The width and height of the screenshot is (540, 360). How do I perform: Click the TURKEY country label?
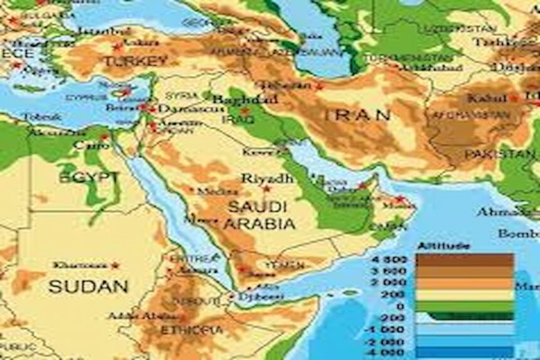(x=136, y=61)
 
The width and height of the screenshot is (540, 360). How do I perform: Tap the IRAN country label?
(x=357, y=115)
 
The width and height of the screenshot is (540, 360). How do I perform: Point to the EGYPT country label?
(x=89, y=178)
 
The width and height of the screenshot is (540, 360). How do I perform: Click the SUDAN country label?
(x=89, y=286)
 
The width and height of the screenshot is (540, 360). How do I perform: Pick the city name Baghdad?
(x=245, y=99)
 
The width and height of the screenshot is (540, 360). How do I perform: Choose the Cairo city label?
(x=87, y=145)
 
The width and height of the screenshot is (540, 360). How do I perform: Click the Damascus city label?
(x=181, y=109)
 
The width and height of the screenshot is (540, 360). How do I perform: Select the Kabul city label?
(x=487, y=99)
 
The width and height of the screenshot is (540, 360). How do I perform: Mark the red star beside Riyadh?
(x=266, y=188)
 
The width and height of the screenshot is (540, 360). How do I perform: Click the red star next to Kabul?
(x=514, y=99)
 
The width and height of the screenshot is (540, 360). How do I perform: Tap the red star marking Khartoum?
(x=114, y=266)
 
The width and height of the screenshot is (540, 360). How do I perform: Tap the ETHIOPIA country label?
(x=192, y=329)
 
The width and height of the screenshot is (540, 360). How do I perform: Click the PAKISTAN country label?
(x=500, y=154)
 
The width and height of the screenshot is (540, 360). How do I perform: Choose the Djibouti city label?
(x=259, y=296)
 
